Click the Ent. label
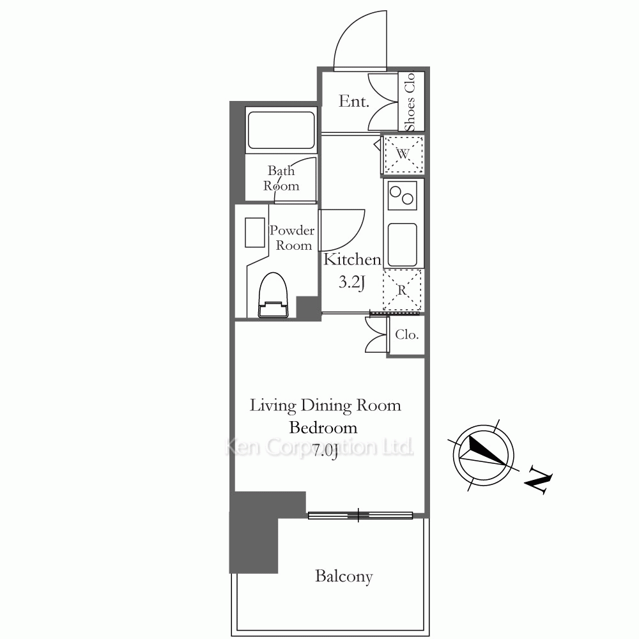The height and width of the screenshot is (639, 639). tap(354, 101)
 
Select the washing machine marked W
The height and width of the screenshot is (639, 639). tap(403, 155)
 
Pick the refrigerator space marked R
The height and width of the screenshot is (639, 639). tap(402, 289)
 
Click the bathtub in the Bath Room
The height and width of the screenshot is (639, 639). tap(281, 130)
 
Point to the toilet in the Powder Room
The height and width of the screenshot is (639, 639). tap(273, 295)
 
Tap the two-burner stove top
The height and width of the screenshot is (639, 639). tap(403, 196)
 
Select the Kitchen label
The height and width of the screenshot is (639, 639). tap(353, 259)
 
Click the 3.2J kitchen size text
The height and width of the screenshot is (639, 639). tap(351, 282)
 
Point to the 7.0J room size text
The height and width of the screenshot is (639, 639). tap(325, 451)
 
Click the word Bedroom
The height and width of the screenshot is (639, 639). tap(323, 427)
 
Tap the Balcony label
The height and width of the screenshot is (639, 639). tap(344, 576)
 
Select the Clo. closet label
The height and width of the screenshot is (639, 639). tap(406, 335)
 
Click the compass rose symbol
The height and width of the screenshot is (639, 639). tap(483, 455)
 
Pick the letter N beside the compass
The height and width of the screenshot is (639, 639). tap(538, 481)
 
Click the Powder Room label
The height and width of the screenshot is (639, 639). tap(292, 238)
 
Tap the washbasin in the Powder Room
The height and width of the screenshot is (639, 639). tap(255, 233)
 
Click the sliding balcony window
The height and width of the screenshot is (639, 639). tap(360, 516)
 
